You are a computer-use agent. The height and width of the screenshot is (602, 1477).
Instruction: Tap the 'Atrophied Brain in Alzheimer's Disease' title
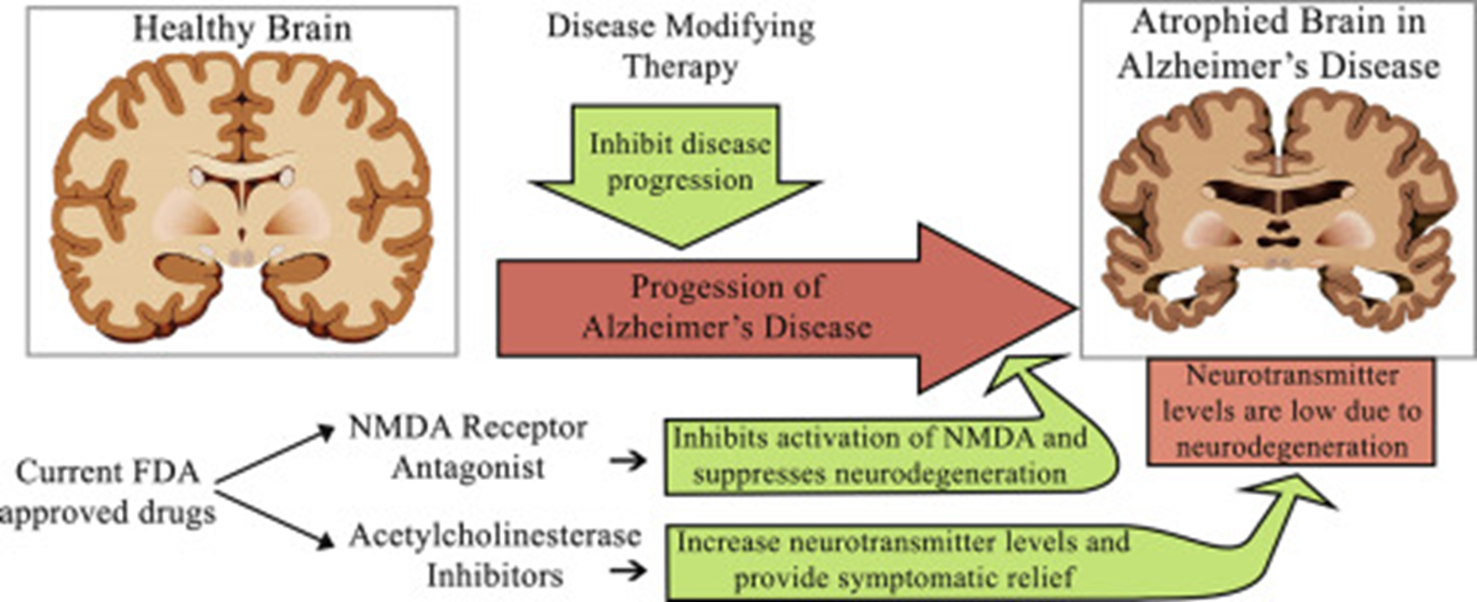coord(1278,45)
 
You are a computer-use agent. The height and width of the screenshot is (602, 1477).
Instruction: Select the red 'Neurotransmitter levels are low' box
coord(1291,412)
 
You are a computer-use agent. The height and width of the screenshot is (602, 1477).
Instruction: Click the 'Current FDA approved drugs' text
coord(108,492)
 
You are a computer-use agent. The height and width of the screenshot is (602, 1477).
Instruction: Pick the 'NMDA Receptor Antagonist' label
coord(468,447)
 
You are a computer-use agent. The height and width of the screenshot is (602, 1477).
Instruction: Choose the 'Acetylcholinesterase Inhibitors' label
coord(494,555)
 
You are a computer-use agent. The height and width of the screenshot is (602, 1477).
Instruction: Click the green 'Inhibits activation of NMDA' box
coord(879,456)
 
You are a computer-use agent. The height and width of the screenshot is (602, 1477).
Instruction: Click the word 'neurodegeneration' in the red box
coord(1291,446)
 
